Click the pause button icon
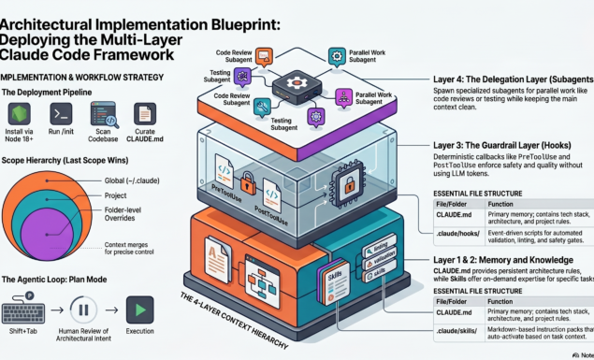[82, 310]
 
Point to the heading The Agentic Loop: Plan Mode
[60, 280]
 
